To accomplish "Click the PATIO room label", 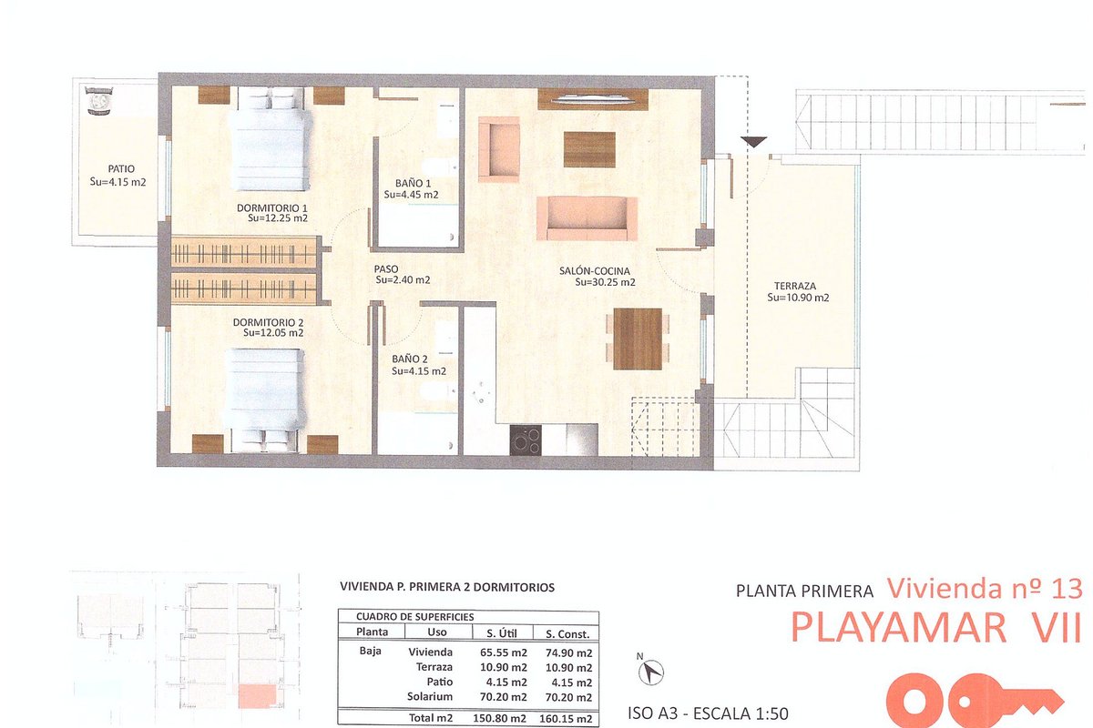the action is pos(121,169).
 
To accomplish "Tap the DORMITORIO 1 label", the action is pos(272,207).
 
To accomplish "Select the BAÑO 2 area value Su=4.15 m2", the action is pos(419,371).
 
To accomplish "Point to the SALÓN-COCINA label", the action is pos(594,270).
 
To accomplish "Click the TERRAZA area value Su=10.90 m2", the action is pos(798,298).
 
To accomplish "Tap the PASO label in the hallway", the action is pos(386,269).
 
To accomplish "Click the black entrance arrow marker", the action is pos(754,142).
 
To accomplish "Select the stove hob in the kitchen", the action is pos(526,440).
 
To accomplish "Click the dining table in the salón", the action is pos(638,339).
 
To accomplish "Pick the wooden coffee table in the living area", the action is pos(589,150).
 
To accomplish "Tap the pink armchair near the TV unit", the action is pos(499,149).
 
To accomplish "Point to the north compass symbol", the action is pos(651,671).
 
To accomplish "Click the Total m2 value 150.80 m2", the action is pos(500,719).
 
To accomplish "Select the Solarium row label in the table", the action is pos(430,697).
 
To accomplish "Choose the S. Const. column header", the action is pos(567,634).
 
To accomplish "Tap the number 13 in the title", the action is pos(1067,589).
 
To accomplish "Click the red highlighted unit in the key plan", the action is pos(257,696).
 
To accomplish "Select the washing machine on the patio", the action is pos(99,101).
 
